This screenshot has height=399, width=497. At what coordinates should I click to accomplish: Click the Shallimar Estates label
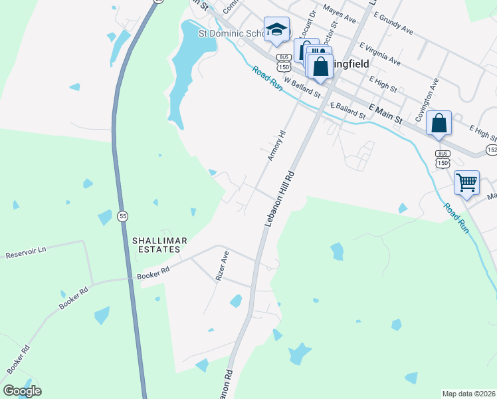point(156,245)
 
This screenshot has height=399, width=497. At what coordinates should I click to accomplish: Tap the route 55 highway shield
point(122,216)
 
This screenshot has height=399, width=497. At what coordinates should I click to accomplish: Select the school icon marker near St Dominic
point(276,29)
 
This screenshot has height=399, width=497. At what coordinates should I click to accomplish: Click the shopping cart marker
point(466,182)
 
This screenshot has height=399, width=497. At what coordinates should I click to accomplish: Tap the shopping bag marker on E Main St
point(439,123)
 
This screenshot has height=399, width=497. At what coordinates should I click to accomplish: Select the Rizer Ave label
point(222,266)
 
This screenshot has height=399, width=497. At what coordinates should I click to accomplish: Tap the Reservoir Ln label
point(25,252)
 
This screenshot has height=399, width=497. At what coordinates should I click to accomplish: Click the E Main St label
point(385,114)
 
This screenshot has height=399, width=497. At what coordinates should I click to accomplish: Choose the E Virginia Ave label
point(380,55)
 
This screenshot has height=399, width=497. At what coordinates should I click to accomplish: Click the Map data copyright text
point(469,394)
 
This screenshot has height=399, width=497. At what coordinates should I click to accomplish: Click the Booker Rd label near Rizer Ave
point(153,273)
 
